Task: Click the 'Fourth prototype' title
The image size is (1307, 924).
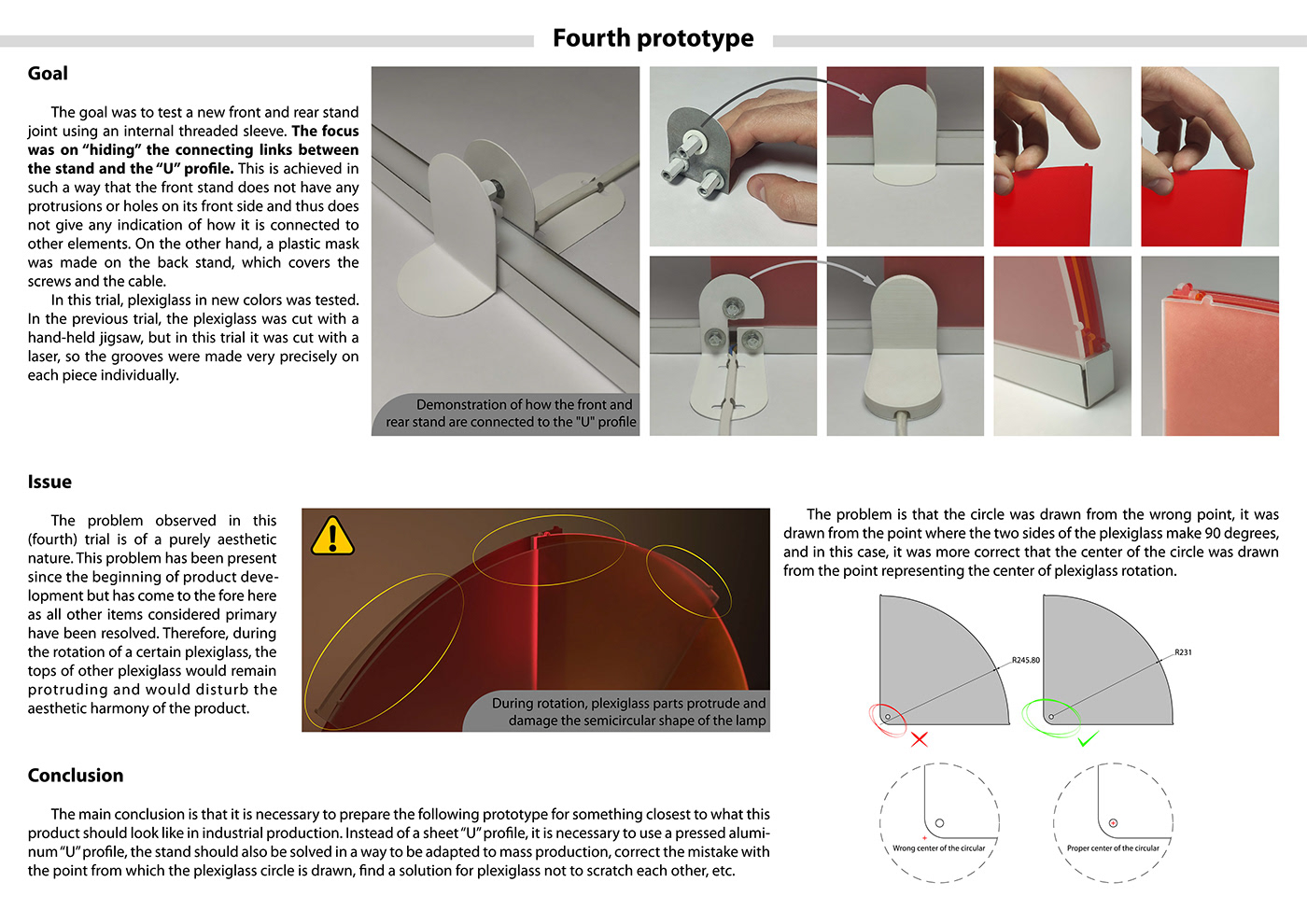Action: pos(653,38)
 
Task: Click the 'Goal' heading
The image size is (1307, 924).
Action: pos(48,74)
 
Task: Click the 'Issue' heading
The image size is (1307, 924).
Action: pos(49,483)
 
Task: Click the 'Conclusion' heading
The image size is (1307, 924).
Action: pos(76,776)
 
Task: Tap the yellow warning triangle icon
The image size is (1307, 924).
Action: pos(331,537)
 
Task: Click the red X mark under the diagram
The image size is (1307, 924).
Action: pos(920,739)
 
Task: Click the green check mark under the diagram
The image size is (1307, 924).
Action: pos(1088,739)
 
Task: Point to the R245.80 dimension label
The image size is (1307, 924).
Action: pos(1025,660)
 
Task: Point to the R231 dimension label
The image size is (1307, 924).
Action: pos(1183,652)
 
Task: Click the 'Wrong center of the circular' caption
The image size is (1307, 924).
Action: pos(938,848)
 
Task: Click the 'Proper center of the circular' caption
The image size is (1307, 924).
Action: pos(1113,848)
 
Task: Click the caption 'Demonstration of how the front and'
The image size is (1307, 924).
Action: pos(524,405)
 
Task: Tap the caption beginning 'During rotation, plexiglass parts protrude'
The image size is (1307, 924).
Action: pos(628,704)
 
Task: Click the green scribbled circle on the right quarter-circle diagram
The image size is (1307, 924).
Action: pos(1049,717)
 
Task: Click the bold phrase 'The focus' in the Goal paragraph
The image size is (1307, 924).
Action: pos(325,131)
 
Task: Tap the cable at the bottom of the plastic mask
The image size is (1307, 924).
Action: pos(903,422)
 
